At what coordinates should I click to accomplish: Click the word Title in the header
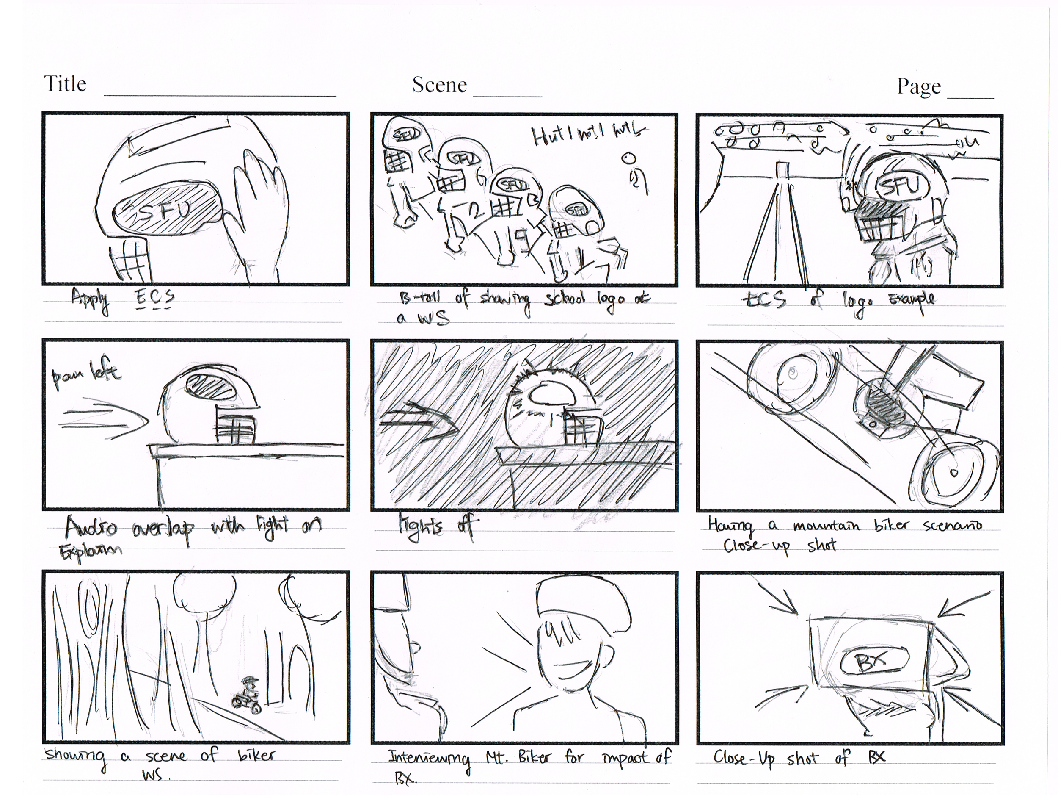pyautogui.click(x=65, y=84)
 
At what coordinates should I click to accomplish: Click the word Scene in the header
pyautogui.click(x=439, y=85)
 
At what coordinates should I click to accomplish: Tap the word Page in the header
pyautogui.click(x=919, y=87)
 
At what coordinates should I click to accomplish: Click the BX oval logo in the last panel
pyautogui.click(x=873, y=662)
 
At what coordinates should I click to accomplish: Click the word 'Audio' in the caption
pyautogui.click(x=91, y=527)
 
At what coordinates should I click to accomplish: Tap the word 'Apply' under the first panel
pyautogui.click(x=90, y=299)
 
